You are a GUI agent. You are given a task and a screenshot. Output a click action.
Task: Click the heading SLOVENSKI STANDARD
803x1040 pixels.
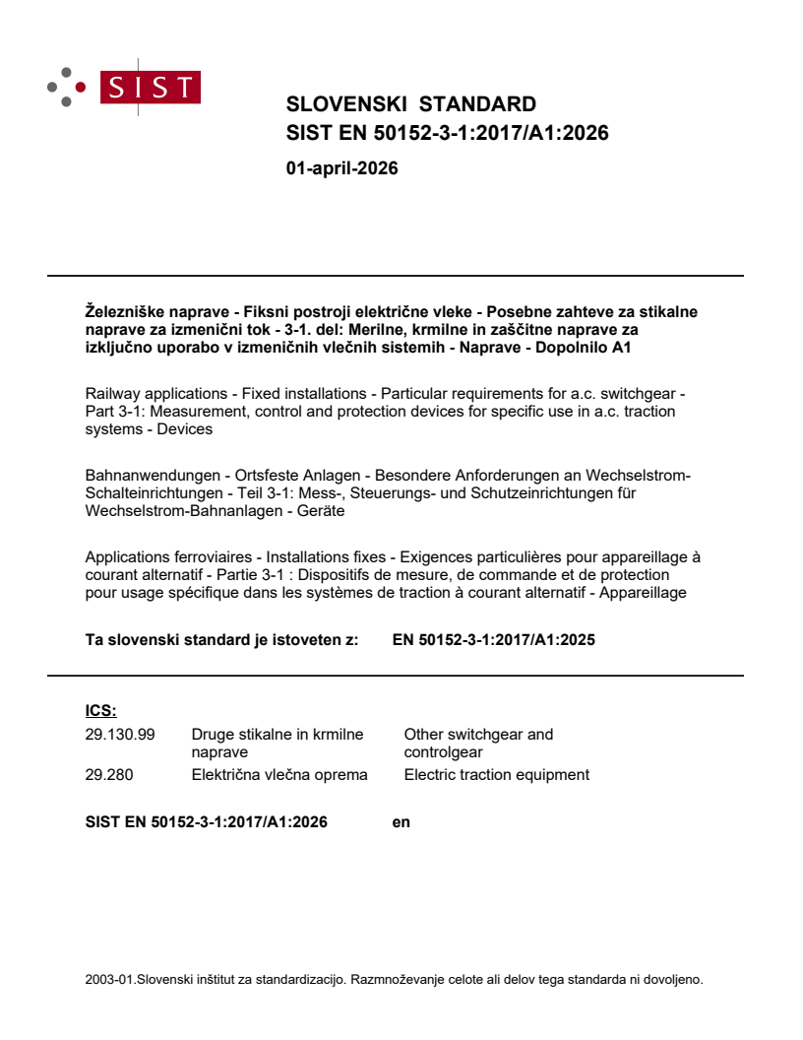410,104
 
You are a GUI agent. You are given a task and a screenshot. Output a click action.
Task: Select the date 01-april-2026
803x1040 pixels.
341,168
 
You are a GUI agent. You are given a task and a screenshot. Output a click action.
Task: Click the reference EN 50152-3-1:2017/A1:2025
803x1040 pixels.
493,639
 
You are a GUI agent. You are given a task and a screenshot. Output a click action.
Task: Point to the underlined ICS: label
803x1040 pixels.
101,710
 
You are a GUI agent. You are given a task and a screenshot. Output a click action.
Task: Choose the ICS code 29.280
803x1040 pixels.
109,774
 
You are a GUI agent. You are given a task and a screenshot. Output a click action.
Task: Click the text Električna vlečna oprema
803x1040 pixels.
279,774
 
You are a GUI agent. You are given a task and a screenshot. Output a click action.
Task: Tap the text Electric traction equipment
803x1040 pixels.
496,774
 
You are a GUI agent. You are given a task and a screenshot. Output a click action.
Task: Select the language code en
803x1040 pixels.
401,821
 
